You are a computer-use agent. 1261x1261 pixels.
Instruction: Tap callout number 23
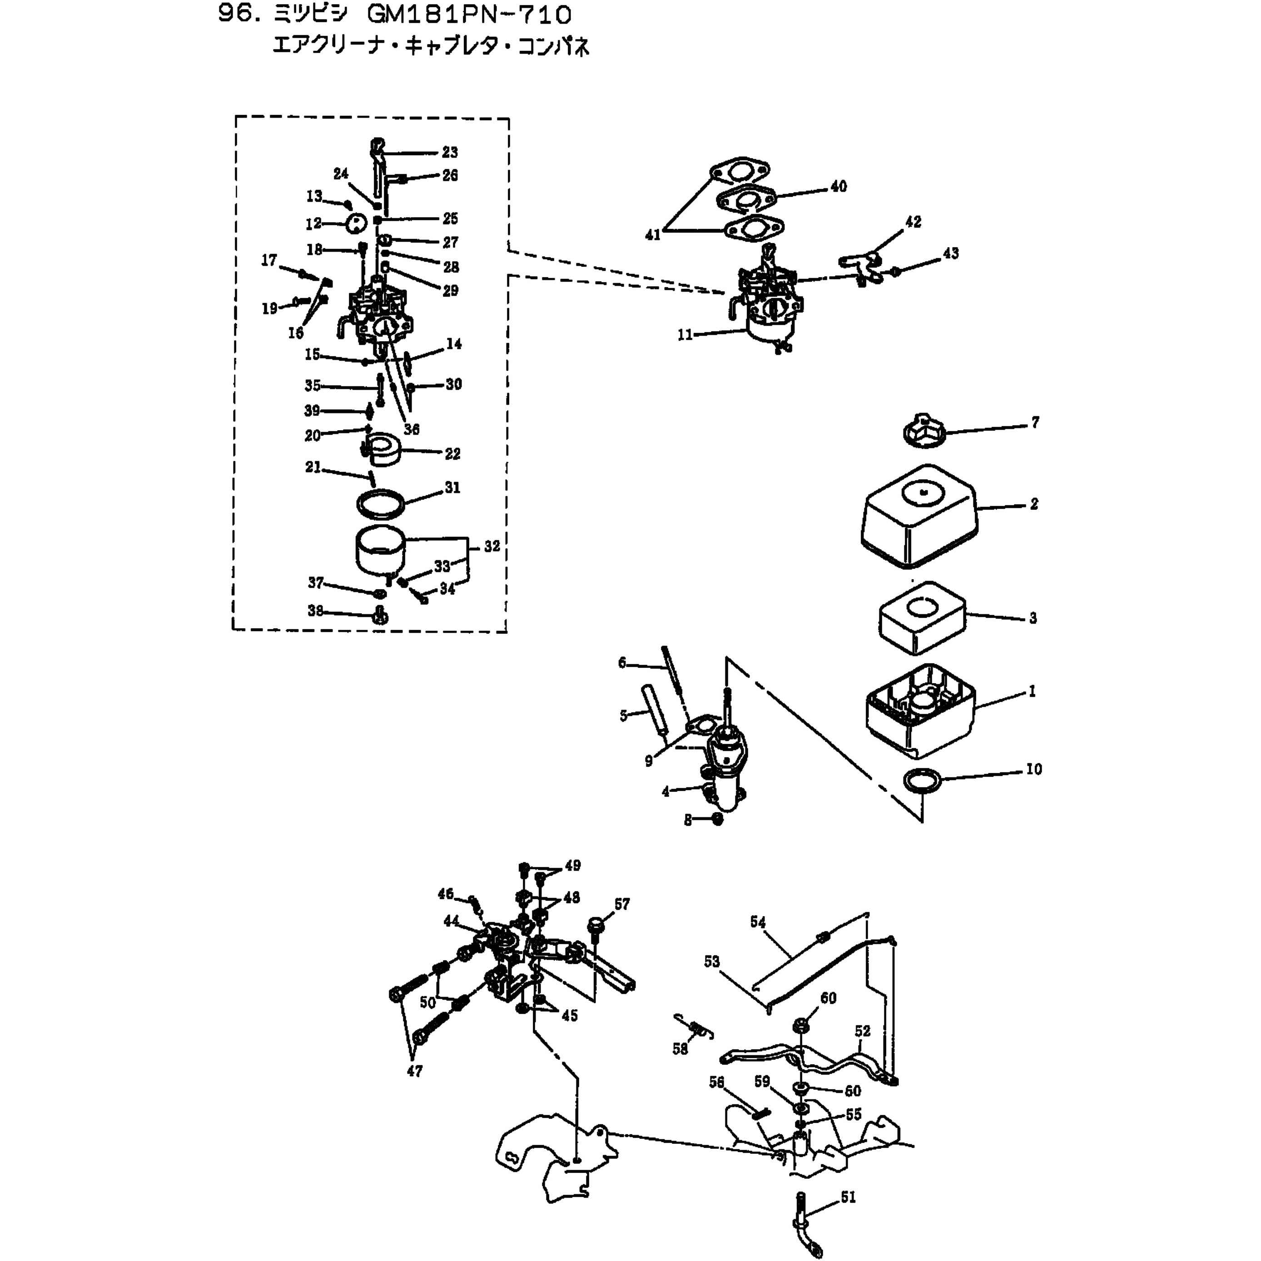tap(450, 152)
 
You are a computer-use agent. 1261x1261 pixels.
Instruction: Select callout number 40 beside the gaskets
tap(839, 187)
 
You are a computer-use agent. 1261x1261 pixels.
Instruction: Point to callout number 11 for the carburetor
tap(685, 335)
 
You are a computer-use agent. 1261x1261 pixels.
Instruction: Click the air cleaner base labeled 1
tap(920, 710)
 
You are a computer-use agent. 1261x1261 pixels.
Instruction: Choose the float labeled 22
tap(384, 450)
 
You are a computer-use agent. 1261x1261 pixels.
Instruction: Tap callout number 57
tap(622, 904)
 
